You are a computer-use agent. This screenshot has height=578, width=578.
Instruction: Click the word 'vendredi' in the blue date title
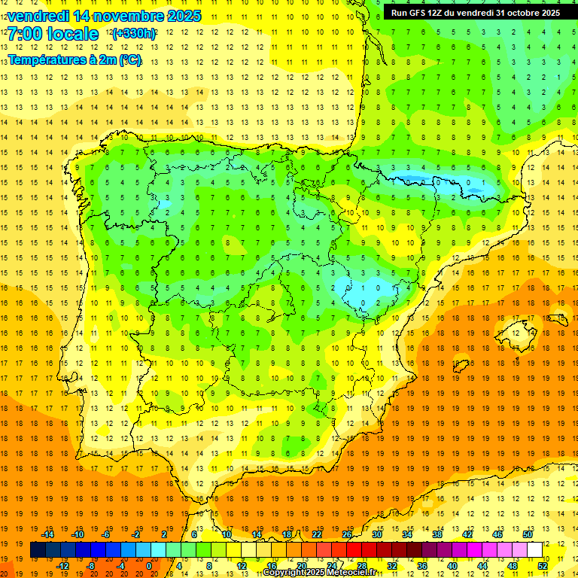point(38,16)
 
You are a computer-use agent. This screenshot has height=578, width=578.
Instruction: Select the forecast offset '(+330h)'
point(134,34)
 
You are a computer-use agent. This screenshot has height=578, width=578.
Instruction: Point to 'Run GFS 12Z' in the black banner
point(420,13)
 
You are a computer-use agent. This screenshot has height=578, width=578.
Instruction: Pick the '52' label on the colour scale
point(543,566)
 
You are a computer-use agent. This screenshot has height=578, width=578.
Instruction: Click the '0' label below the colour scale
point(149,566)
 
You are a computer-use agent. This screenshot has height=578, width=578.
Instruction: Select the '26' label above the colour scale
point(347,534)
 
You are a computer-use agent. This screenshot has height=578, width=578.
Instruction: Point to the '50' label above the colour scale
point(528,534)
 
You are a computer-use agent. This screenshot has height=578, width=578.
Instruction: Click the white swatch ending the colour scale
point(535,550)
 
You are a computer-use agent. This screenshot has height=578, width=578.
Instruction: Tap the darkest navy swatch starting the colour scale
point(38,550)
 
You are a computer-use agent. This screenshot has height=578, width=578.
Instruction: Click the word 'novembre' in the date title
point(123,16)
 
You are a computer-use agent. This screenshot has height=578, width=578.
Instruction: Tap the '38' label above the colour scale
point(437,534)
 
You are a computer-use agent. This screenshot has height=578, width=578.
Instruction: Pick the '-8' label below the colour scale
point(90,566)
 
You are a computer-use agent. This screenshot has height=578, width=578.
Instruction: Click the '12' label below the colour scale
point(242,566)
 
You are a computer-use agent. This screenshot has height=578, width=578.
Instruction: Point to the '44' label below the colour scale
point(482,566)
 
